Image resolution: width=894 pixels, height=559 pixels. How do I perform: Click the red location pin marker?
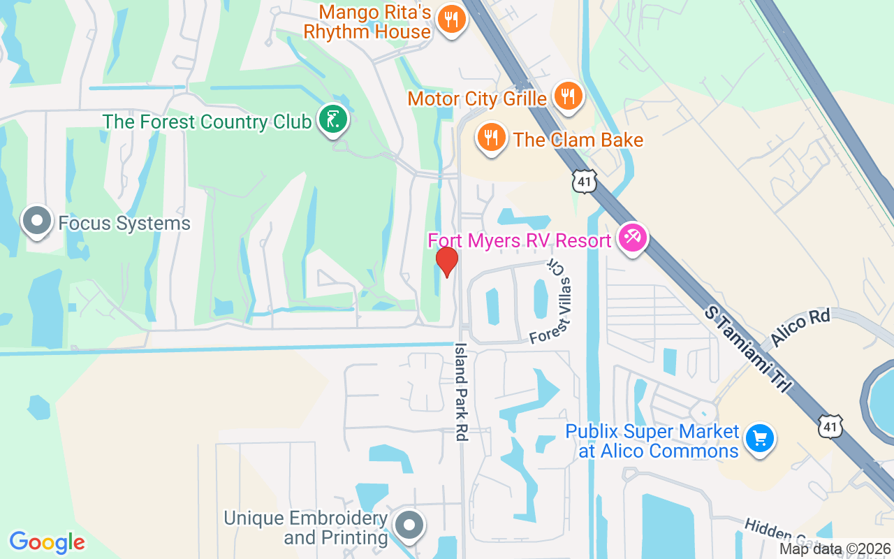pos(447,262)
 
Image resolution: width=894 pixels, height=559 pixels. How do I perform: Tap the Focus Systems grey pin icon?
pos(37,222)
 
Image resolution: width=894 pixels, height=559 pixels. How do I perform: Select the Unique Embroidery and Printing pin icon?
pos(409,525)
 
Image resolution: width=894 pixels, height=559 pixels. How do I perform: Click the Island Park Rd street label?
pos(460,391)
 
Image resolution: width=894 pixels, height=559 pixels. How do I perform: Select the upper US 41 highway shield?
pos(583,181)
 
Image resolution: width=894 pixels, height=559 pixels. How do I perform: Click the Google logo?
pos(47,542)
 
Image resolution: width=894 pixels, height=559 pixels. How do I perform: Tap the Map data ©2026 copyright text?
pos(835,549)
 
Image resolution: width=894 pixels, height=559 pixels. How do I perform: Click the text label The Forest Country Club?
pos(207,122)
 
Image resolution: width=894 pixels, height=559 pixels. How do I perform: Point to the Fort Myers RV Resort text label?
pos(520,241)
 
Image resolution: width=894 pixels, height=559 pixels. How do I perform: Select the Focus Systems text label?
pos(124,224)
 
